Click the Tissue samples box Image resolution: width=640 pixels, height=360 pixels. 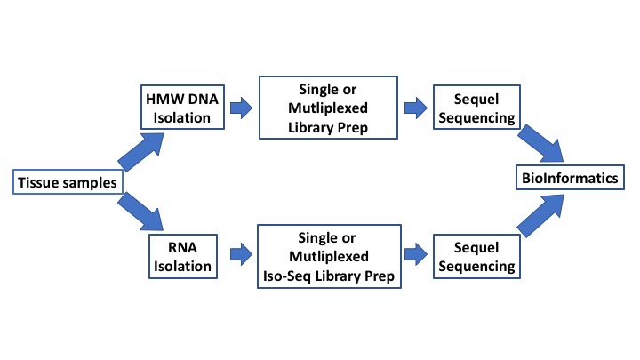(68, 181)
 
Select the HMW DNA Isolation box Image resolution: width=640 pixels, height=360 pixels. (182, 108)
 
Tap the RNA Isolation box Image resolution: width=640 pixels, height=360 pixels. (183, 256)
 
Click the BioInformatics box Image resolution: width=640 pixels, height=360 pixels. (570, 178)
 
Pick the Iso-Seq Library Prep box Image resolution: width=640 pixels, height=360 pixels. (329, 256)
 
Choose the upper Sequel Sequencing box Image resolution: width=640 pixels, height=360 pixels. (476, 108)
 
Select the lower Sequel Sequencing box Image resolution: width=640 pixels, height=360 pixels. (476, 256)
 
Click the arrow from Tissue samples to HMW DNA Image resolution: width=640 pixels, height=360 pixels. (141, 151)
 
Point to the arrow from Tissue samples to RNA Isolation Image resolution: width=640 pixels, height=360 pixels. (140, 211)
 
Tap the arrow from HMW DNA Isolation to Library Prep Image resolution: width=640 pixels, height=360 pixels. (241, 108)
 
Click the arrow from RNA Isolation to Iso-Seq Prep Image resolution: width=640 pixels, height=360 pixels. (241, 254)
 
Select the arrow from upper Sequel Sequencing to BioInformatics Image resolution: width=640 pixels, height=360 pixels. (540, 143)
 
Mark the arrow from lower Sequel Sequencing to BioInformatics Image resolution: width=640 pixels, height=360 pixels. (540, 216)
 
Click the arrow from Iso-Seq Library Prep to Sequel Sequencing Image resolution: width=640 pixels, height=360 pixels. (416, 254)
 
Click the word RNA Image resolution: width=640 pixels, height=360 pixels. (182, 247)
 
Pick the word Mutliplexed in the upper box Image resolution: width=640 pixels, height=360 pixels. (328, 108)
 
